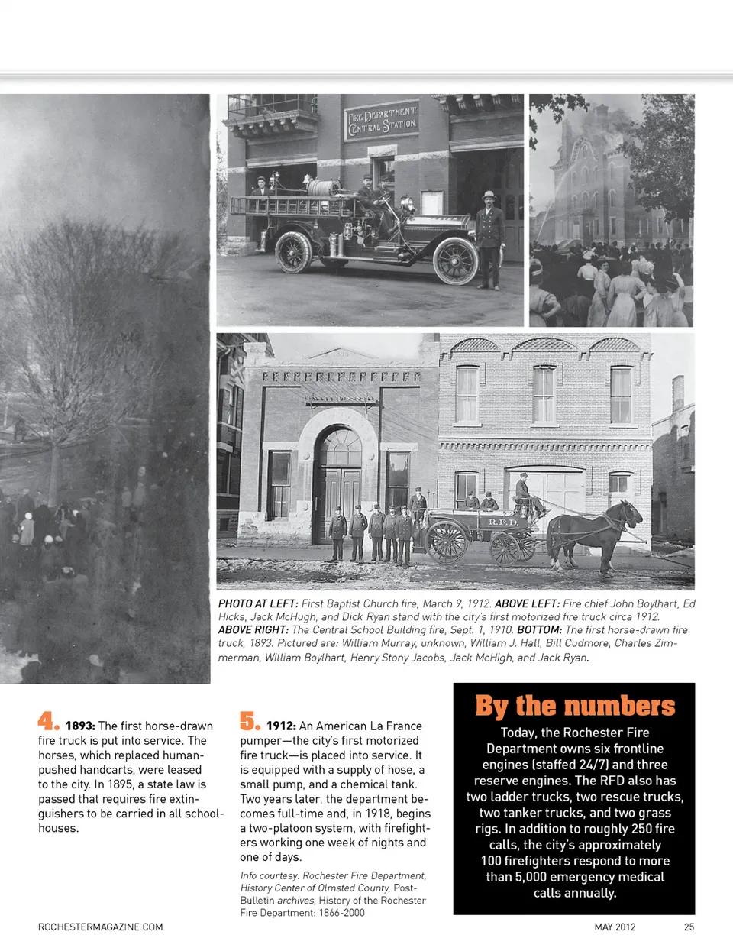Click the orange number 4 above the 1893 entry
(x=47, y=722)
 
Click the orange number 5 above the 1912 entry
(x=249, y=721)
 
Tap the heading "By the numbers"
(x=574, y=706)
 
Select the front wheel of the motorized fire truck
(x=456, y=260)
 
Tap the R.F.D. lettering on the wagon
(x=502, y=522)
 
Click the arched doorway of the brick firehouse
(x=338, y=481)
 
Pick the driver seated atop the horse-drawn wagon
(x=524, y=491)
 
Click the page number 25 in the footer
(x=689, y=927)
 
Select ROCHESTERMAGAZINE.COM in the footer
(x=101, y=927)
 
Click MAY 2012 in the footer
(x=615, y=927)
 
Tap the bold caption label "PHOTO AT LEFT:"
(x=257, y=603)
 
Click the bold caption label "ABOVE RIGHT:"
(x=253, y=630)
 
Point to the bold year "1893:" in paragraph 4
(x=80, y=726)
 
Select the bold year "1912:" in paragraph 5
(x=281, y=726)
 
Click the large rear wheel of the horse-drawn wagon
(x=447, y=542)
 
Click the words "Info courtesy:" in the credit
(x=270, y=876)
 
